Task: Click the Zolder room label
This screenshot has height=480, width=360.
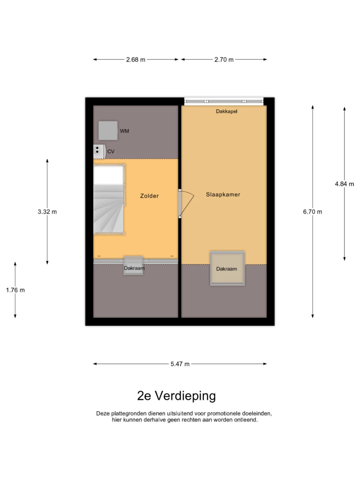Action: point(149,196)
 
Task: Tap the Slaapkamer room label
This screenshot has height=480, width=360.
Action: point(223,194)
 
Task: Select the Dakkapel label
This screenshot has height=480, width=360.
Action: point(226,111)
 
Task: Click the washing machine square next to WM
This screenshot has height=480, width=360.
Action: point(108,130)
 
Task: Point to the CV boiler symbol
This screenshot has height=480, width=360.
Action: point(99,151)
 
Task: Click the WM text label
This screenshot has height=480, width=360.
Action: point(124,131)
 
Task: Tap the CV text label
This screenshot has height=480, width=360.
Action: point(111,151)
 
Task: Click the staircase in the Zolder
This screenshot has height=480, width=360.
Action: point(109,199)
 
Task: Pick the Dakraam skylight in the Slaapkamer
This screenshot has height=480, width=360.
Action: point(227,268)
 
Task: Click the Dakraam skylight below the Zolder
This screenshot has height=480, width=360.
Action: point(133,265)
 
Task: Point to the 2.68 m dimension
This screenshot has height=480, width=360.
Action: point(136,60)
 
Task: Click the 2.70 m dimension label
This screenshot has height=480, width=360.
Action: point(224,60)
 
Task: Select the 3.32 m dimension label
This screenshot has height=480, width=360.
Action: point(47,211)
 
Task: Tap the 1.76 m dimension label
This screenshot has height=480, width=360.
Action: point(15,290)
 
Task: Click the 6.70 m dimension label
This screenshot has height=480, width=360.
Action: point(312,211)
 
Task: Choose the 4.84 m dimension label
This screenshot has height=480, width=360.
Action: point(345,184)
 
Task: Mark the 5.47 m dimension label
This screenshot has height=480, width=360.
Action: point(180,364)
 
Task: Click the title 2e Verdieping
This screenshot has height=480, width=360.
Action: point(176,396)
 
